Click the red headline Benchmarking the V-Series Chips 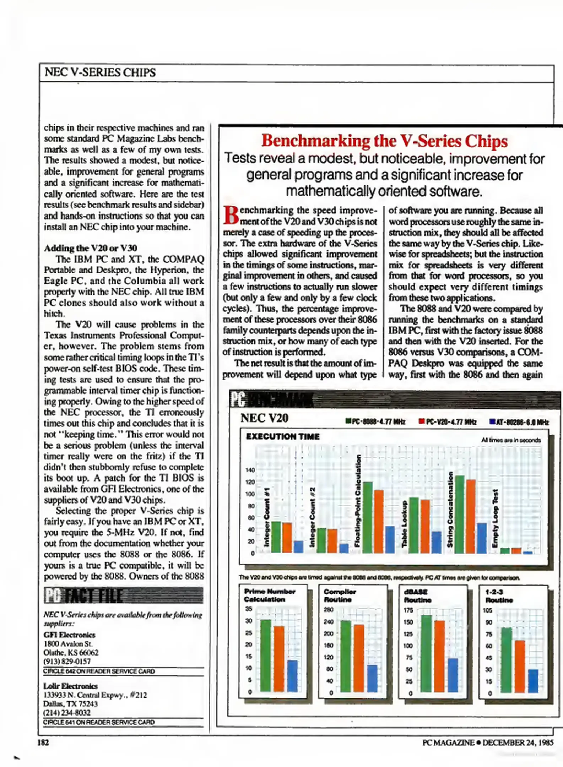tap(384, 141)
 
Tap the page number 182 tap(43, 742)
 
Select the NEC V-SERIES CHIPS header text tap(100, 72)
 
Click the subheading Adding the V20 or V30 tap(90, 248)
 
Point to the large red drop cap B tap(231, 215)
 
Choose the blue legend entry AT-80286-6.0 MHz tap(519, 422)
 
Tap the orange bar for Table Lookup tap(425, 526)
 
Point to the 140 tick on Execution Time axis tap(250, 470)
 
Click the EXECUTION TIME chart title tap(283, 436)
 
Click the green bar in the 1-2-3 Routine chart tap(506, 660)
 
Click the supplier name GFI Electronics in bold tap(69, 635)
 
